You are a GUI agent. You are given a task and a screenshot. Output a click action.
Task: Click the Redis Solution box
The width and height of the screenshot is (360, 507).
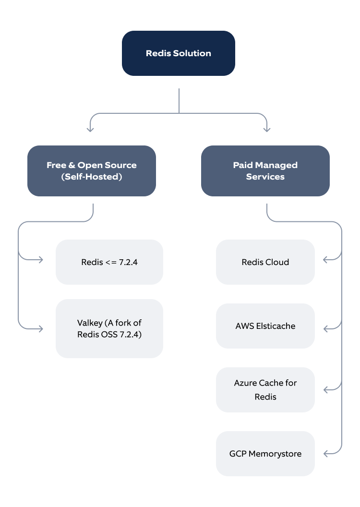178,53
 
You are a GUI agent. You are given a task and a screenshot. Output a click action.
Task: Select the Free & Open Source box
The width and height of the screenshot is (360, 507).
92,171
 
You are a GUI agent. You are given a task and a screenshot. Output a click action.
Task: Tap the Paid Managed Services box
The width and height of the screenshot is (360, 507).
265,171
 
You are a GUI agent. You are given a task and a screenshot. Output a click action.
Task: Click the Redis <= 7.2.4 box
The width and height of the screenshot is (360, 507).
109,262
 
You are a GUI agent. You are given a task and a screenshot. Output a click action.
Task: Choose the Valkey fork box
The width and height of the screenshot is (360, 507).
109,328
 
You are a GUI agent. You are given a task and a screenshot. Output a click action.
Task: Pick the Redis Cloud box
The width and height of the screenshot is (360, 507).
265,262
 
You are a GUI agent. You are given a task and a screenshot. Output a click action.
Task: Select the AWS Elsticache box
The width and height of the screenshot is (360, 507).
265,326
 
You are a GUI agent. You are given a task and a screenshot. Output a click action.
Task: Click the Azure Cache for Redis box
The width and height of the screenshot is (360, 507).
265,390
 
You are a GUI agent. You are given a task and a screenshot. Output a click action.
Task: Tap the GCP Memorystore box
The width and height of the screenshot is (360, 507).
265,454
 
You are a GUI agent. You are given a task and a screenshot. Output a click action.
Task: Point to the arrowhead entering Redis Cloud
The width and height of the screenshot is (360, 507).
325,260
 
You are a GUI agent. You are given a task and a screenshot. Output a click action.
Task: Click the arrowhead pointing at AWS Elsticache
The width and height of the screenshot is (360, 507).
325,329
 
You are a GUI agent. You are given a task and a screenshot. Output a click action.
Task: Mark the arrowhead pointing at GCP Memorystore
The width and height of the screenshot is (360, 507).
325,453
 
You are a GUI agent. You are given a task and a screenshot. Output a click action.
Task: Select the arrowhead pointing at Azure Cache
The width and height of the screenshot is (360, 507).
325,389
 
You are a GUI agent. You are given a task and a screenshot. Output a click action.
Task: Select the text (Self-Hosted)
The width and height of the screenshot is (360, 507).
92,177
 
